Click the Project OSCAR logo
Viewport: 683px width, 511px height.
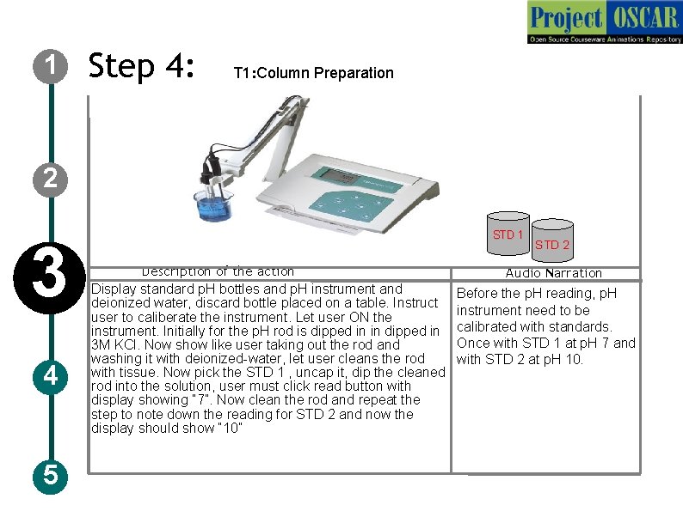[x=605, y=21]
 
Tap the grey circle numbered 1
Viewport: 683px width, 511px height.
[x=51, y=66]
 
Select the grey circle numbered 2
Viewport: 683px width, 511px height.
[x=51, y=179]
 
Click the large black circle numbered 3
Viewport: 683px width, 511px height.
[x=50, y=278]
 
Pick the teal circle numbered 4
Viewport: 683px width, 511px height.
[x=51, y=377]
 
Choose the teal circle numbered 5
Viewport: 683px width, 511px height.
[x=51, y=476]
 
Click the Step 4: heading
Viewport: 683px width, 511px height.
[x=141, y=65]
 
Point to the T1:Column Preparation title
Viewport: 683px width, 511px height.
[x=314, y=73]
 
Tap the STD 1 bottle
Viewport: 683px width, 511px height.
[x=508, y=234]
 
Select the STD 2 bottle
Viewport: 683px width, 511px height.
[x=552, y=240]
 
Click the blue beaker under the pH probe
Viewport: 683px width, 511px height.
[x=213, y=205]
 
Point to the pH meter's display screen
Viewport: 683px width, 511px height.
[x=344, y=177]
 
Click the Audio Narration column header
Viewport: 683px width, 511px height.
[x=554, y=273]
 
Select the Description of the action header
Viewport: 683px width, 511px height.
[x=218, y=271]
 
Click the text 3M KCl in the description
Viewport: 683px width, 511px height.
[x=115, y=345]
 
